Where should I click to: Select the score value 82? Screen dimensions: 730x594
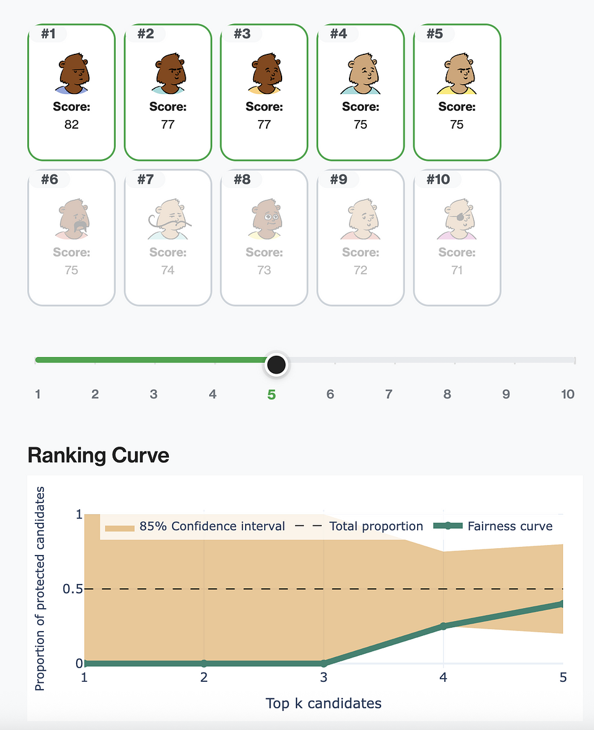tap(71, 124)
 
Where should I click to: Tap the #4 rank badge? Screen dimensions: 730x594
tap(338, 33)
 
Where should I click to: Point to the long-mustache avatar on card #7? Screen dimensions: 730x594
tap(168, 219)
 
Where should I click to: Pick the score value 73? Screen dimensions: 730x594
tap(264, 270)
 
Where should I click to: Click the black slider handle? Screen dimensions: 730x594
tap(276, 364)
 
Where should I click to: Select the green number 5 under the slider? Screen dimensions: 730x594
tap(271, 394)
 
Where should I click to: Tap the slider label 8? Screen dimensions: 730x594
tap(447, 394)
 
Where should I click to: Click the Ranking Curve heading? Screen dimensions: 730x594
tap(98, 455)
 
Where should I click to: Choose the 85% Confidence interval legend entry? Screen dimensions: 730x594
tap(195, 526)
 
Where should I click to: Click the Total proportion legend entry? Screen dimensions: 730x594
tap(359, 526)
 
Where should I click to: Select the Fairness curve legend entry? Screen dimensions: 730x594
tap(493, 526)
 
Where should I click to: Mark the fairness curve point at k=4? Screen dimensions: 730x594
tap(444, 626)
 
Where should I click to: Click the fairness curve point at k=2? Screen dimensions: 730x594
tap(204, 663)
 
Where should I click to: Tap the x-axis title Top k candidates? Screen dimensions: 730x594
tap(324, 703)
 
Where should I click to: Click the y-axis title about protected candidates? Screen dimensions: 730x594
tap(41, 588)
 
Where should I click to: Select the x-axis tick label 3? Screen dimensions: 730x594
tap(324, 678)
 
